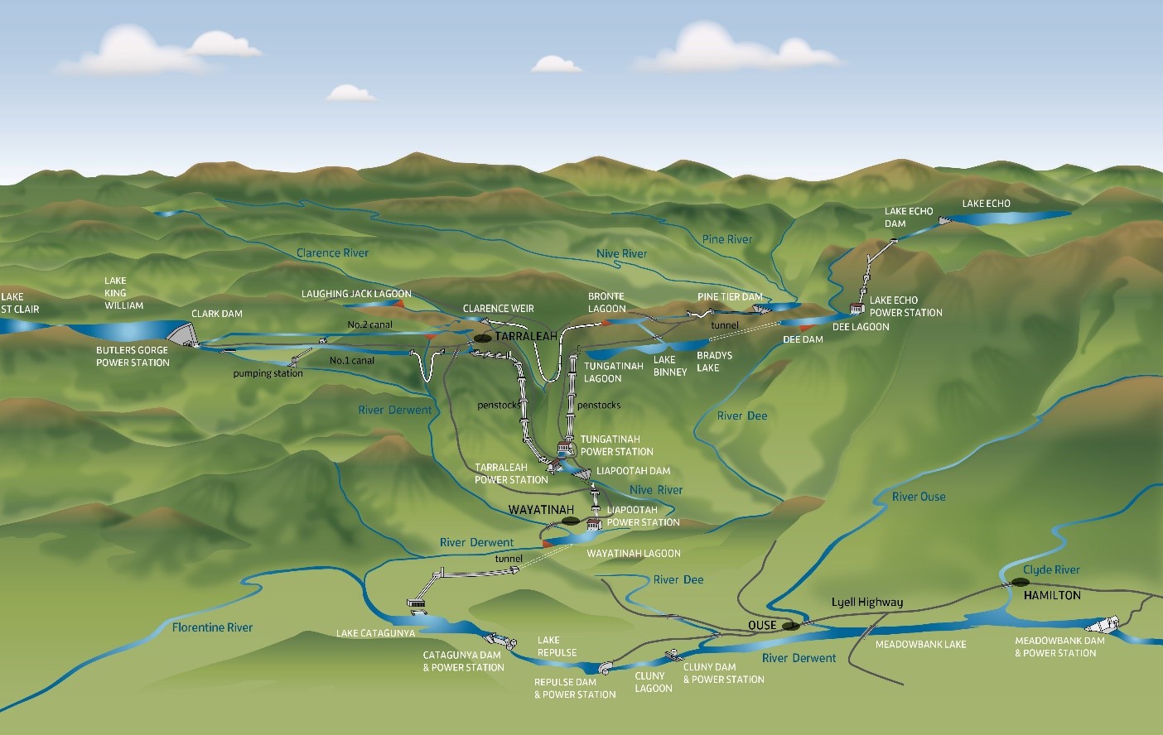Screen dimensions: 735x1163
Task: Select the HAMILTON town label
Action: pos(1052,595)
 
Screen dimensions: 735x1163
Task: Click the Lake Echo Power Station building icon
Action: pos(857,309)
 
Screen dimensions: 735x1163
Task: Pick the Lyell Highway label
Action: pos(867,602)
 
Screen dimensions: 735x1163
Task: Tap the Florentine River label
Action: pos(212,627)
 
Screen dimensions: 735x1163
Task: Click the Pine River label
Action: pos(727,239)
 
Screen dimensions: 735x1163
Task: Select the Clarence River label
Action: pos(332,252)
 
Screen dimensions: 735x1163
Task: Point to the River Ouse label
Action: pos(919,497)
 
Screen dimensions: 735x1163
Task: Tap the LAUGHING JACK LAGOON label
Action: pos(356,294)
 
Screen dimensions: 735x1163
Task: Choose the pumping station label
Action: pos(268,373)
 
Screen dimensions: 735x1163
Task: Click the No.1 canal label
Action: pos(351,360)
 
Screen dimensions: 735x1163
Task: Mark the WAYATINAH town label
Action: pos(541,509)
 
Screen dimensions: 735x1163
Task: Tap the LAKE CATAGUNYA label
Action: pos(375,634)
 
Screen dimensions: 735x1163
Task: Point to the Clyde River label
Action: pos(1051,569)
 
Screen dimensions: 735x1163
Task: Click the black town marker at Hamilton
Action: pos(1019,582)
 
